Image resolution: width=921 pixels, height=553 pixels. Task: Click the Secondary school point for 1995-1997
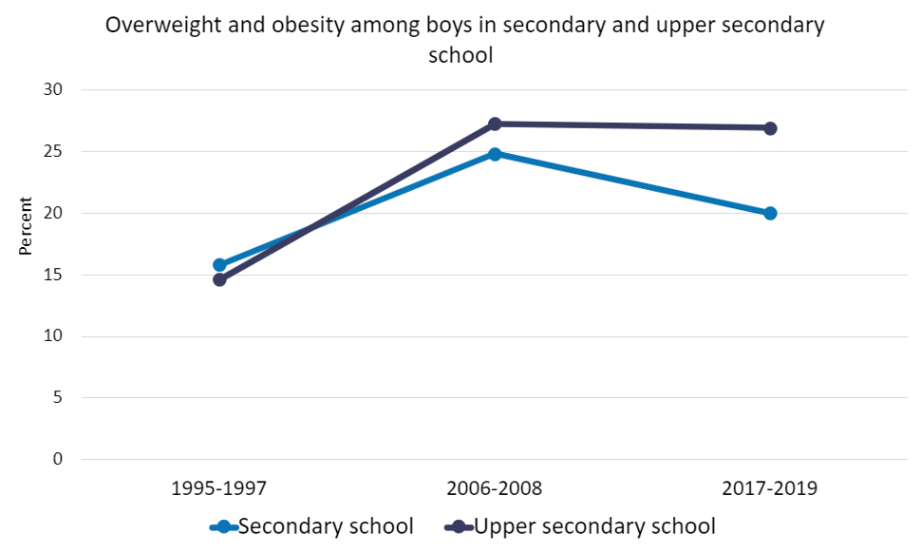tap(219, 265)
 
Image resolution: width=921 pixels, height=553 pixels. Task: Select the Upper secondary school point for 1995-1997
tap(219, 279)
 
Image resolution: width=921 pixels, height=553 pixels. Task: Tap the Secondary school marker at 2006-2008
tap(495, 153)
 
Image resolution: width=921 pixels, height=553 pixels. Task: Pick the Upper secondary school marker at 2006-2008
tap(495, 124)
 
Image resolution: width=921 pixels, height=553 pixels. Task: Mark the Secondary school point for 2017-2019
tap(770, 213)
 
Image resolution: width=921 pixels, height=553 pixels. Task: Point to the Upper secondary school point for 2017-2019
tap(770, 128)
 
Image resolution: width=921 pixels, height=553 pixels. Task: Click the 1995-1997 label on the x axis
tap(219, 489)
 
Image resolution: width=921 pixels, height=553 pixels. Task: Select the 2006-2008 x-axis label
tap(495, 489)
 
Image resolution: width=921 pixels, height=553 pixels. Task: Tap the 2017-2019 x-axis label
tap(770, 489)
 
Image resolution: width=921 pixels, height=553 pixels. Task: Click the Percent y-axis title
tap(26, 226)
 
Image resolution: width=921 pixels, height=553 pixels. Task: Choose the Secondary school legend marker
tap(223, 526)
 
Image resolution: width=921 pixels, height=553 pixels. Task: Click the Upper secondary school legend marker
tap(459, 526)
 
